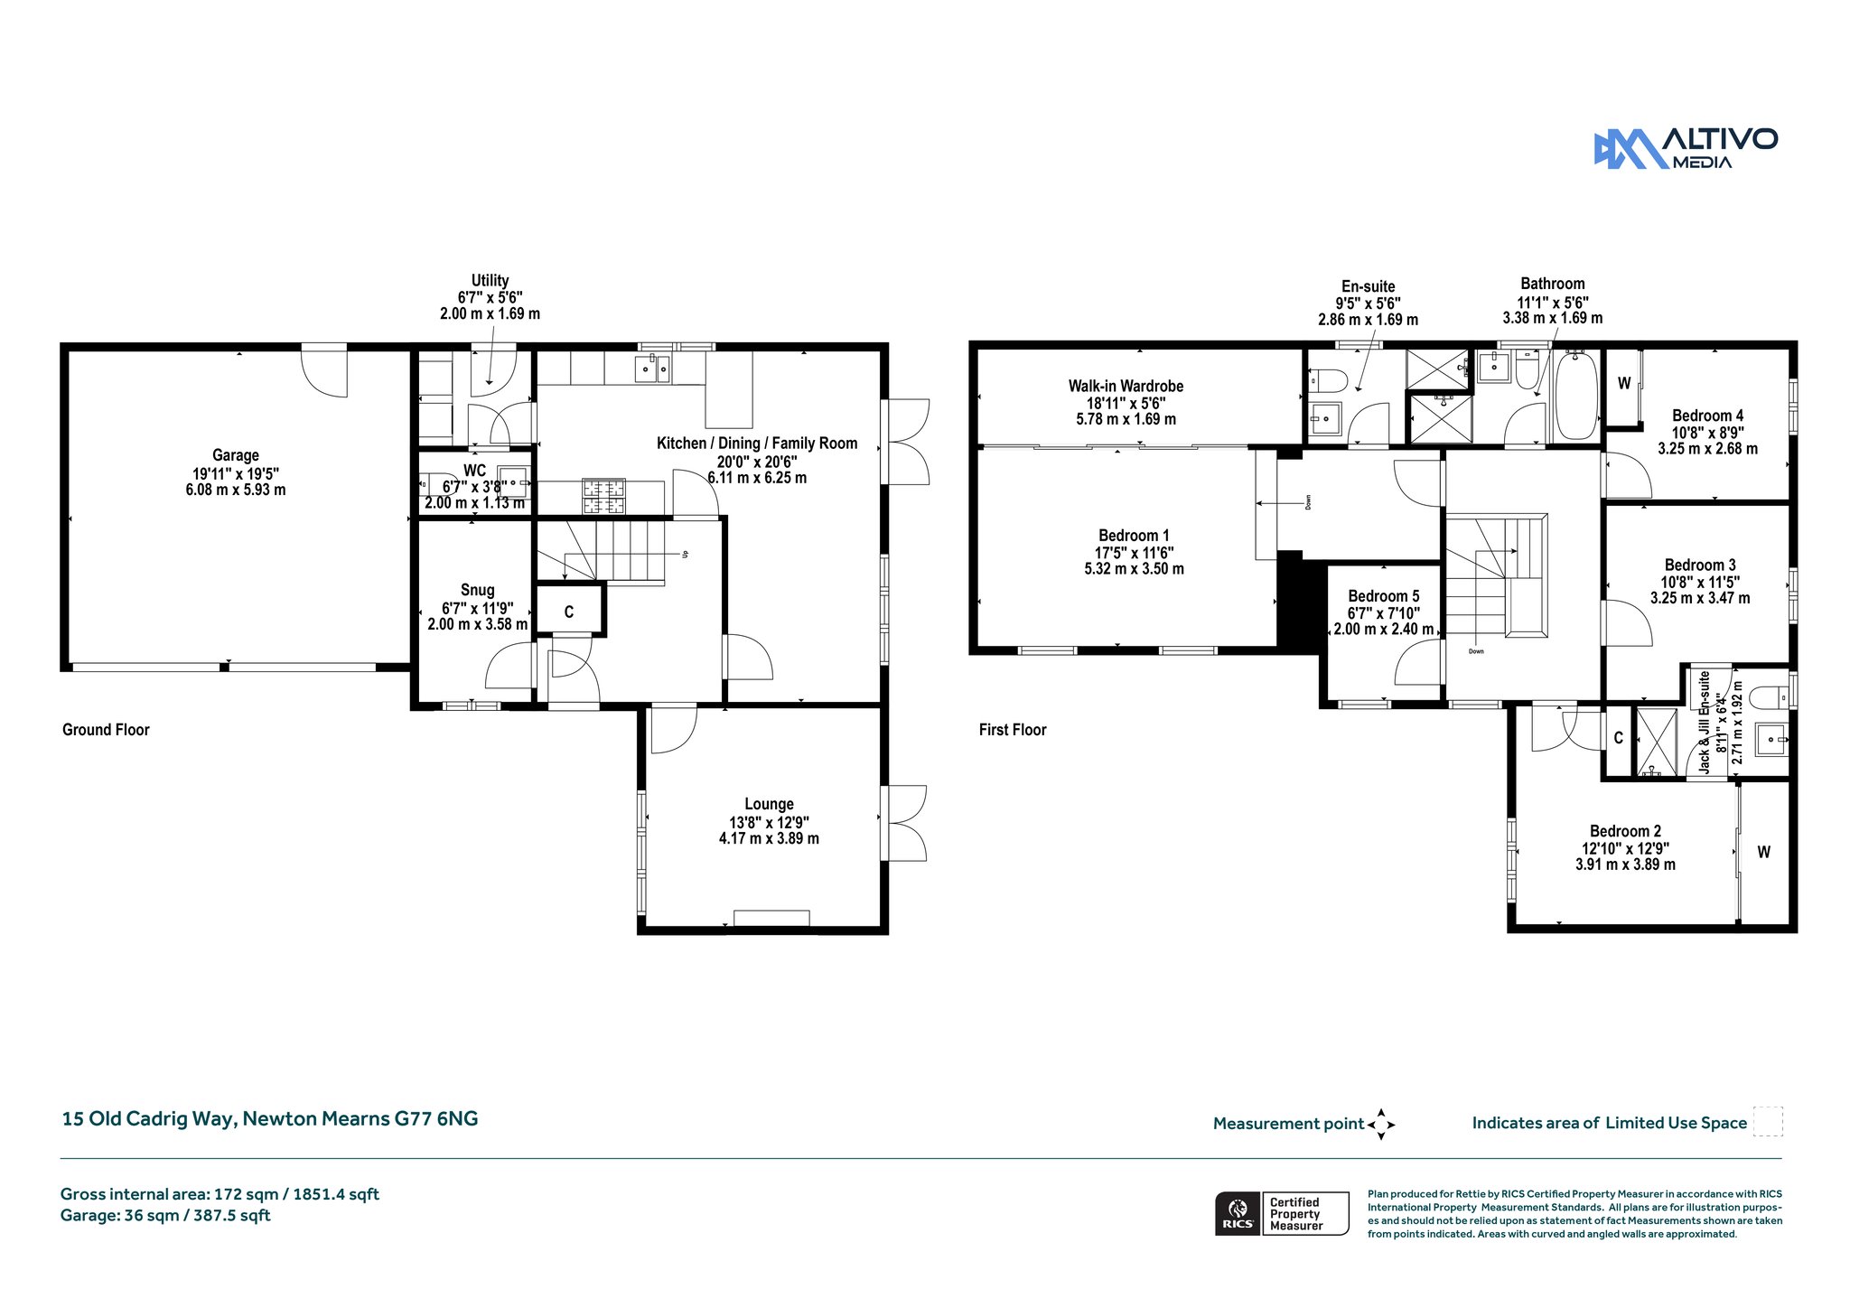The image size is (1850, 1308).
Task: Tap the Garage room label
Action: click(236, 455)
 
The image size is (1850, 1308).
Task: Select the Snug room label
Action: click(478, 590)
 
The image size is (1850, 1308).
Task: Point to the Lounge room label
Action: click(770, 804)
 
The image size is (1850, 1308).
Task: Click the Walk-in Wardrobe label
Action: click(1126, 386)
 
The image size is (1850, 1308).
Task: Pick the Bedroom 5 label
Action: click(1384, 596)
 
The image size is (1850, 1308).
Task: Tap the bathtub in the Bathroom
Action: click(1577, 396)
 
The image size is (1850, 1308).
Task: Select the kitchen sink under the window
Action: click(652, 368)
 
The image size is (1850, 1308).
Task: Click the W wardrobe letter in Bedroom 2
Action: click(1763, 852)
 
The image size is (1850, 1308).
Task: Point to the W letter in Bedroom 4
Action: click(1624, 383)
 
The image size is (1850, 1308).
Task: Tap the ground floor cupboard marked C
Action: click(569, 612)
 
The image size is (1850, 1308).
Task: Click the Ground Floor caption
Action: click(106, 730)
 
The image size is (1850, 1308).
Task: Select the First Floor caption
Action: click(1013, 730)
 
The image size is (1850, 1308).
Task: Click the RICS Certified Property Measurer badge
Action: click(1282, 1213)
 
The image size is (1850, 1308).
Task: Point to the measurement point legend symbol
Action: click(1381, 1125)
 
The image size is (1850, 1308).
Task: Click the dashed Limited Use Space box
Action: click(1768, 1121)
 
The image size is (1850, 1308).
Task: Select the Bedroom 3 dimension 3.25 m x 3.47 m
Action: click(1700, 598)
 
